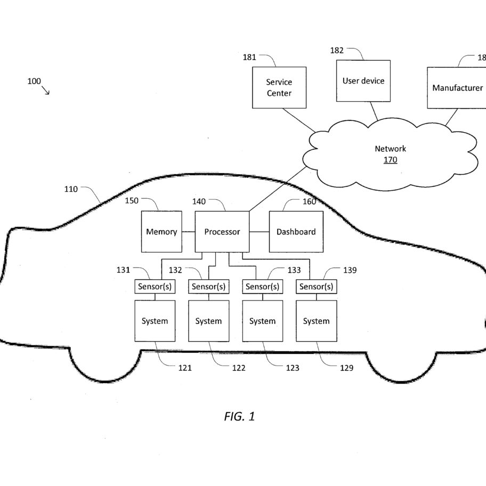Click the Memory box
(161, 231)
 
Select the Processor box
(222, 231)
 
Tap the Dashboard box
(296, 231)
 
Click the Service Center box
(279, 87)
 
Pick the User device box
(363, 81)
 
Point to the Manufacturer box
(457, 88)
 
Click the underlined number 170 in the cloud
(390, 160)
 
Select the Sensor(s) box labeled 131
(155, 286)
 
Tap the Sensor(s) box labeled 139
(316, 286)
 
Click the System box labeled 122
(208, 321)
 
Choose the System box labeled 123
(263, 321)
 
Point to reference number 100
(34, 81)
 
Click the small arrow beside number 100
(46, 91)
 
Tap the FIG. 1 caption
(239, 416)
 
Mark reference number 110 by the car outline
(71, 189)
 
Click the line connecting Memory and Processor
(189, 231)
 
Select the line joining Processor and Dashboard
(259, 231)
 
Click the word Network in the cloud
(390, 149)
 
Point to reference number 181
(249, 58)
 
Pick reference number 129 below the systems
(346, 368)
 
